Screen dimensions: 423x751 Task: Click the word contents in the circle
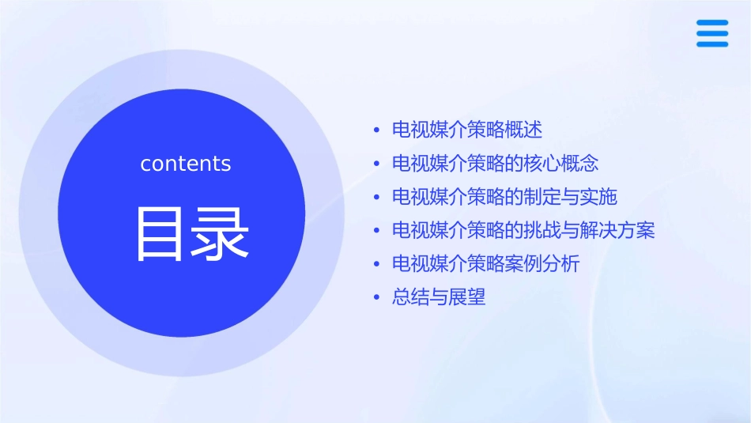click(x=186, y=164)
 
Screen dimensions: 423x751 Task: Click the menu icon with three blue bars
click(x=712, y=33)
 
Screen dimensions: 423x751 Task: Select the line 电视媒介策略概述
click(x=467, y=130)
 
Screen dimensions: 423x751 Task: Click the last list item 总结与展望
click(x=439, y=298)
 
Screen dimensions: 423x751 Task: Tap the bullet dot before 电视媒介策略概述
click(x=376, y=130)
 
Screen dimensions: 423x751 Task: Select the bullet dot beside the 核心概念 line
click(x=376, y=164)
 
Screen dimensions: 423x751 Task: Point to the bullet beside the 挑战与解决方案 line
click(x=376, y=232)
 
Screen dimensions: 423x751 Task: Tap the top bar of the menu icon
click(x=712, y=23)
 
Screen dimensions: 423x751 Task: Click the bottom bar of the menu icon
click(x=712, y=43)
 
